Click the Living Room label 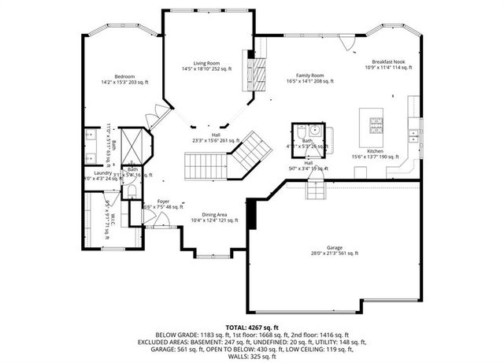pyautogui.click(x=207, y=62)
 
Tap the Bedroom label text pyautogui.click(x=124, y=76)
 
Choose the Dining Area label pyautogui.click(x=215, y=215)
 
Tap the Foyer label pyautogui.click(x=163, y=202)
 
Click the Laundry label pyautogui.click(x=103, y=172)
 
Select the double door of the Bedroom pyautogui.click(x=153, y=119)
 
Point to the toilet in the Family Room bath pyautogui.click(x=313, y=129)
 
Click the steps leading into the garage pyautogui.click(x=315, y=188)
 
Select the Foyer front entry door pyautogui.click(x=164, y=225)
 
